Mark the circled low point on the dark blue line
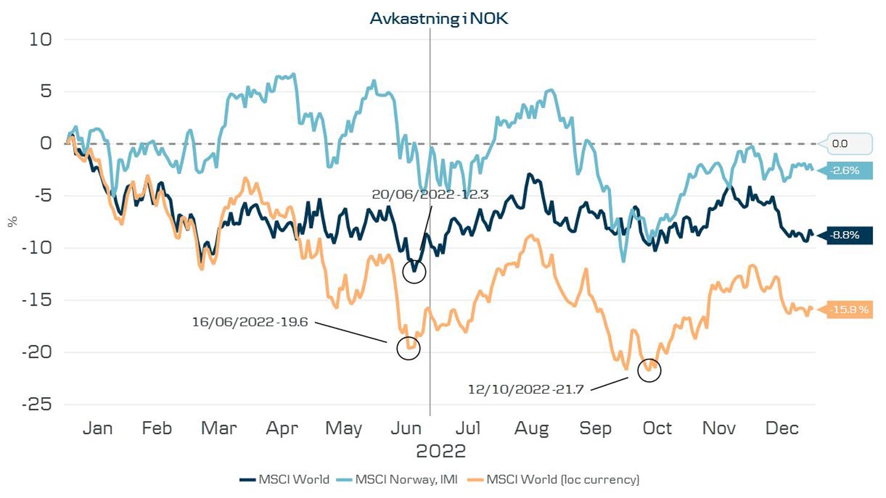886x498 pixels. (x=414, y=271)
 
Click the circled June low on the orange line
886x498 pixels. (x=408, y=348)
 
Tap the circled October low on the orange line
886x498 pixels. (x=649, y=371)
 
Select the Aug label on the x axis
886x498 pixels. (x=532, y=428)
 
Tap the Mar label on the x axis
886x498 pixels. (x=219, y=428)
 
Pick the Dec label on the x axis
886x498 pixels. (x=783, y=428)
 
